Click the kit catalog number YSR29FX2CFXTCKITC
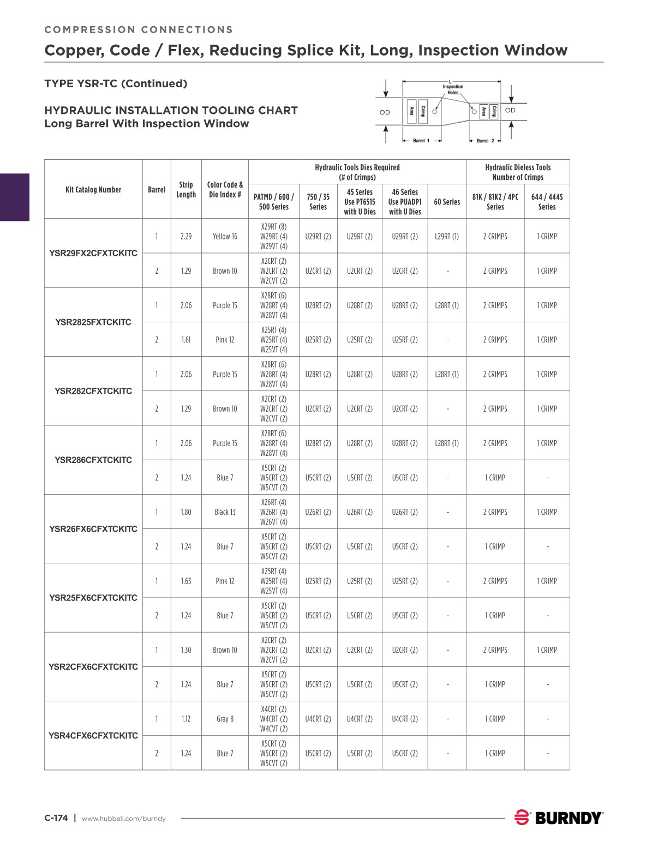pos(93,253)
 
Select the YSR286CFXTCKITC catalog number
pos(93,460)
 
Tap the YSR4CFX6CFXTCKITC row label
pos(93,736)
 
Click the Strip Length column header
pos(186,189)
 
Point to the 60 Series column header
pos(447,202)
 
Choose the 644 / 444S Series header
pos(547,202)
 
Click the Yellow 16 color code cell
pos(225,236)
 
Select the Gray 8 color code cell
pos(225,719)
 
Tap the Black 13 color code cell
pos(225,512)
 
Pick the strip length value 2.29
pos(186,236)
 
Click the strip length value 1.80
pos(186,512)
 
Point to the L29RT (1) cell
pos(447,236)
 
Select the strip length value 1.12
pos(186,719)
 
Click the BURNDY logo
pos(559,817)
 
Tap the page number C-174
pos(56,817)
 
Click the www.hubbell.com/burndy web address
pos(123,818)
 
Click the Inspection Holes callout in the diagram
pos(453,89)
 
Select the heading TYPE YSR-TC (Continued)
pos(116,83)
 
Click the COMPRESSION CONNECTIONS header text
pos(139,29)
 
